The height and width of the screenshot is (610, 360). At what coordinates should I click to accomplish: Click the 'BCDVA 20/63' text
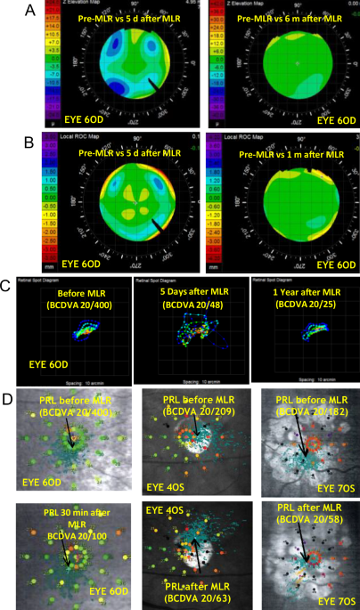click(192, 594)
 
